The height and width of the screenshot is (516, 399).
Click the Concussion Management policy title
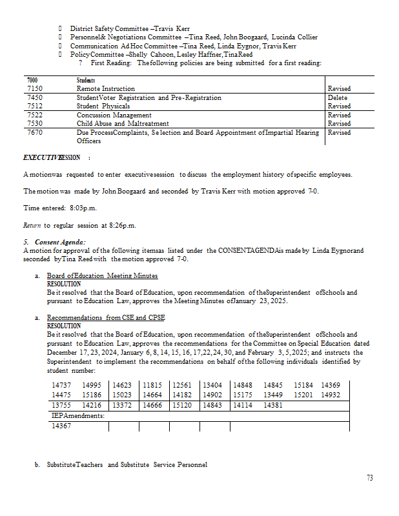click(x=114, y=115)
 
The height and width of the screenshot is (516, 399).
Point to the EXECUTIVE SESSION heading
click(x=52, y=157)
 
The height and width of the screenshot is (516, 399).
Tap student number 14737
click(x=61, y=385)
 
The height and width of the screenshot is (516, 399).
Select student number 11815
click(x=152, y=385)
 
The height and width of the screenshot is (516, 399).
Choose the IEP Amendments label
click(x=78, y=416)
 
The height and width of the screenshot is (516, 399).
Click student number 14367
click(x=61, y=426)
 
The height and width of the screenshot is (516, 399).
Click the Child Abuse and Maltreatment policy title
click(x=123, y=123)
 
